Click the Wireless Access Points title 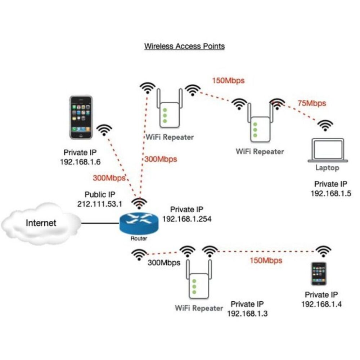click(184, 46)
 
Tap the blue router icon click(139, 224)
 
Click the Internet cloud click(40, 223)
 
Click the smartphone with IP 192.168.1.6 click(81, 117)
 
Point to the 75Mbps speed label click(311, 103)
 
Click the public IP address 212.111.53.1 click(100, 204)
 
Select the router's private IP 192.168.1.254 click(186, 219)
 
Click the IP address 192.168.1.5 click(330, 193)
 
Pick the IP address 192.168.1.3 click(247, 313)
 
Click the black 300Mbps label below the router click(164, 263)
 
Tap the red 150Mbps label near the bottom click(266, 260)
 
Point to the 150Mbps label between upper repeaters click(228, 81)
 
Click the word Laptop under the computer click(327, 168)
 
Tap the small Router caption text click(139, 238)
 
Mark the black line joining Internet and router click(100, 223)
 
